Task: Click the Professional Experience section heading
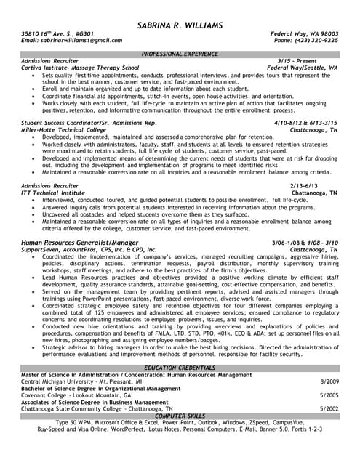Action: tap(180, 54)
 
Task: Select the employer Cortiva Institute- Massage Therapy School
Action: tap(79, 68)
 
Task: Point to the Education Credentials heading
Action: tap(180, 369)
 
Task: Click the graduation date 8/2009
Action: tap(329, 382)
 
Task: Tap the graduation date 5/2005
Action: tap(329, 395)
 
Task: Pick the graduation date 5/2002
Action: tap(329, 409)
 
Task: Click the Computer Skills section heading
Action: tap(180, 415)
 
